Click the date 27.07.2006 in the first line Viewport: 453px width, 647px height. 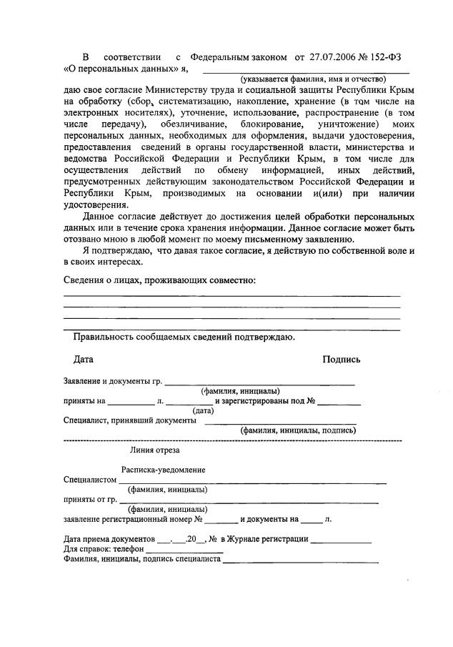click(x=330, y=56)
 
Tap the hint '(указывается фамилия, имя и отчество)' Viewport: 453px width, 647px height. click(x=313, y=79)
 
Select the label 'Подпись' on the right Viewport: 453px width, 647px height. click(x=342, y=360)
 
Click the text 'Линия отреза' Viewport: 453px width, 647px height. click(x=154, y=450)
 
